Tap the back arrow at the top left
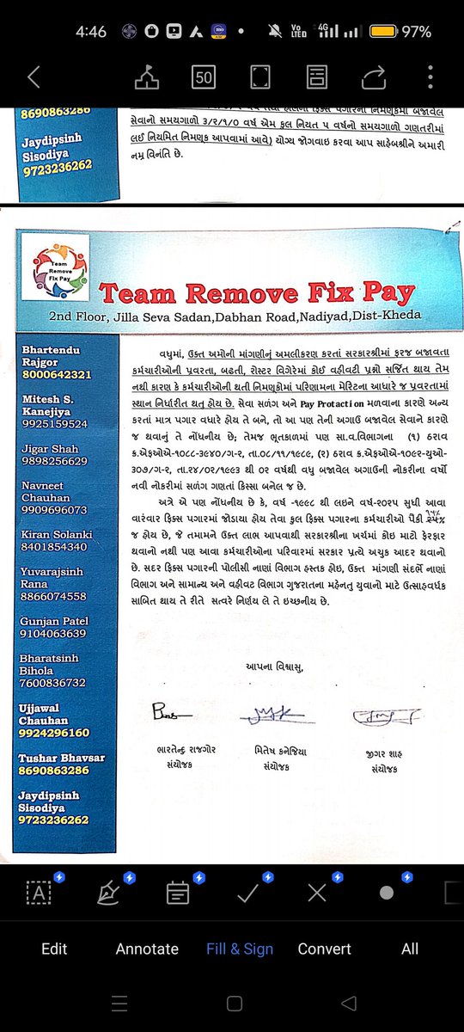point(34,77)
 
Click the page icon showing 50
point(204,77)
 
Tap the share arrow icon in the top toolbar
point(374,77)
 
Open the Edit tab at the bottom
point(54,949)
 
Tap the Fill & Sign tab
point(240,949)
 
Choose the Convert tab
point(324,949)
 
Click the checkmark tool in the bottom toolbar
point(248,893)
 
